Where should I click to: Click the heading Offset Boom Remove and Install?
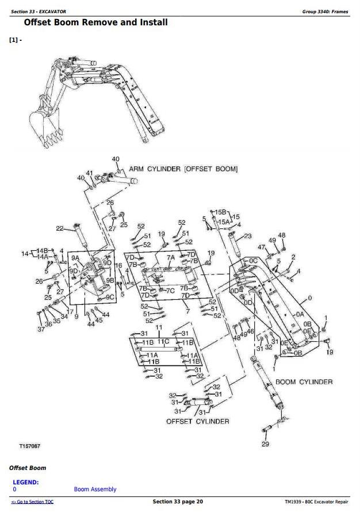click(95, 22)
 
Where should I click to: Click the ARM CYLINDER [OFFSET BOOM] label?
click(183, 169)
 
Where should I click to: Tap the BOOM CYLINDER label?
click(304, 382)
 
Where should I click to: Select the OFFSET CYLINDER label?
click(197, 421)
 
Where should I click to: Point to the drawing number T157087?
click(30, 446)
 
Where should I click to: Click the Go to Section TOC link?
click(32, 502)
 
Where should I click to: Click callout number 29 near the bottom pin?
click(265, 444)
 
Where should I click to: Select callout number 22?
click(59, 228)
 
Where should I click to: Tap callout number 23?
click(248, 236)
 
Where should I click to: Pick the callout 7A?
click(170, 258)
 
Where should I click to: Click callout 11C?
click(163, 341)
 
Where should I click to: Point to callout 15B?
click(221, 212)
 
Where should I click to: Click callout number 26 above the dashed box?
click(110, 202)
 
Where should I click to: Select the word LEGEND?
click(25, 482)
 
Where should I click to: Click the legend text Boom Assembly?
click(95, 490)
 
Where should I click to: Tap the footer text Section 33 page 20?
click(178, 502)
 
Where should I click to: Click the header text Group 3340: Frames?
click(325, 12)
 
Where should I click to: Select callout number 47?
click(262, 247)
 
